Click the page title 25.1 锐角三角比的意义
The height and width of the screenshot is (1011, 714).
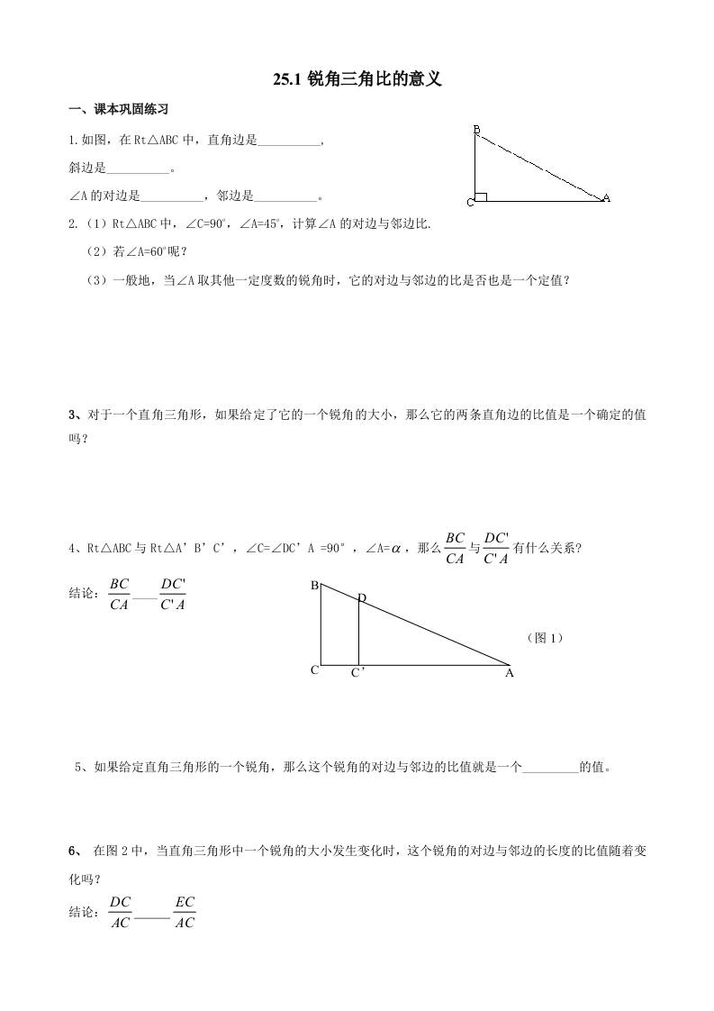(x=357, y=81)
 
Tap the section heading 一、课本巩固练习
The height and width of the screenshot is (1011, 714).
(x=120, y=110)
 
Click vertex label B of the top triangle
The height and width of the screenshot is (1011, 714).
(x=476, y=131)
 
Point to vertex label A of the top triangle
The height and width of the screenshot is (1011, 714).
(x=606, y=198)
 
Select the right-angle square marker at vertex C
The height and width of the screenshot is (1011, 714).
(x=482, y=196)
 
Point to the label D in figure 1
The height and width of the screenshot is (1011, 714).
(x=362, y=598)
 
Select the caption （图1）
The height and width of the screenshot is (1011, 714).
(x=545, y=638)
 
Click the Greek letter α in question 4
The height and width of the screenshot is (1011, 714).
(x=394, y=548)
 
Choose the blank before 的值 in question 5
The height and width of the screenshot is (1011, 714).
(x=550, y=769)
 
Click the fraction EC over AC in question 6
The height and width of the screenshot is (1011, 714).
(x=185, y=912)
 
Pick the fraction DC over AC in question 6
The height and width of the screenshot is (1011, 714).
(x=121, y=912)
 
